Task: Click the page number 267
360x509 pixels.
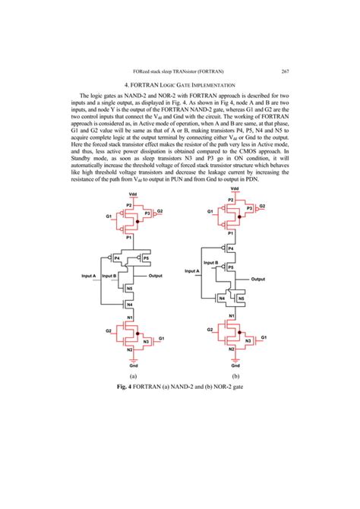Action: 283,71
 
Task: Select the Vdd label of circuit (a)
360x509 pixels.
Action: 133,195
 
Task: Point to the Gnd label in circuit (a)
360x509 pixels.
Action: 132,365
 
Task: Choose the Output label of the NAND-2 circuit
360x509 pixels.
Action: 158,274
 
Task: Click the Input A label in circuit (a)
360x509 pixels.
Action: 91,274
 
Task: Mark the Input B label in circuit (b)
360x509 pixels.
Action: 212,262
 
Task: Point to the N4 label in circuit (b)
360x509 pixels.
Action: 221,299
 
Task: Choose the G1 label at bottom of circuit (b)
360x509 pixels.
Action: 264,336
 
